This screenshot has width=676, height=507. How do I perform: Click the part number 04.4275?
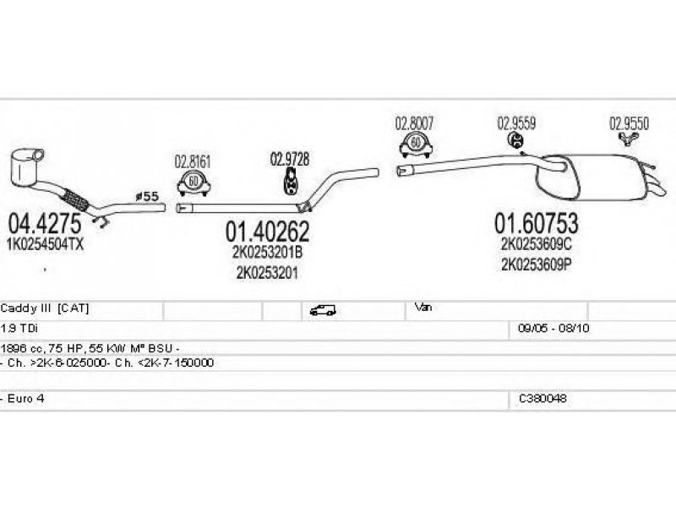[44, 224]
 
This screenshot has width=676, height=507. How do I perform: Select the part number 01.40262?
[267, 231]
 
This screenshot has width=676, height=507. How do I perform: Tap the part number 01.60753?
[537, 224]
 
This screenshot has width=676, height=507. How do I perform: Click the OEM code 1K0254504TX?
[46, 243]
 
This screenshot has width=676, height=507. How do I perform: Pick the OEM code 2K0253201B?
[267, 253]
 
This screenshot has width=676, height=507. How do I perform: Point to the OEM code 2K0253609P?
[537, 264]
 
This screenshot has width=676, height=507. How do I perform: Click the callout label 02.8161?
[193, 161]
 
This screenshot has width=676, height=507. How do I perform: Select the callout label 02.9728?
[290, 158]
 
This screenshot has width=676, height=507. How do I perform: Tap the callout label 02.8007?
[414, 123]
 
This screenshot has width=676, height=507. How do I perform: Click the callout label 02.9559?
[515, 123]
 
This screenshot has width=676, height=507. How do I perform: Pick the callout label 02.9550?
[630, 123]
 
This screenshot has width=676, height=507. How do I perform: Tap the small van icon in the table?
[323, 309]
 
